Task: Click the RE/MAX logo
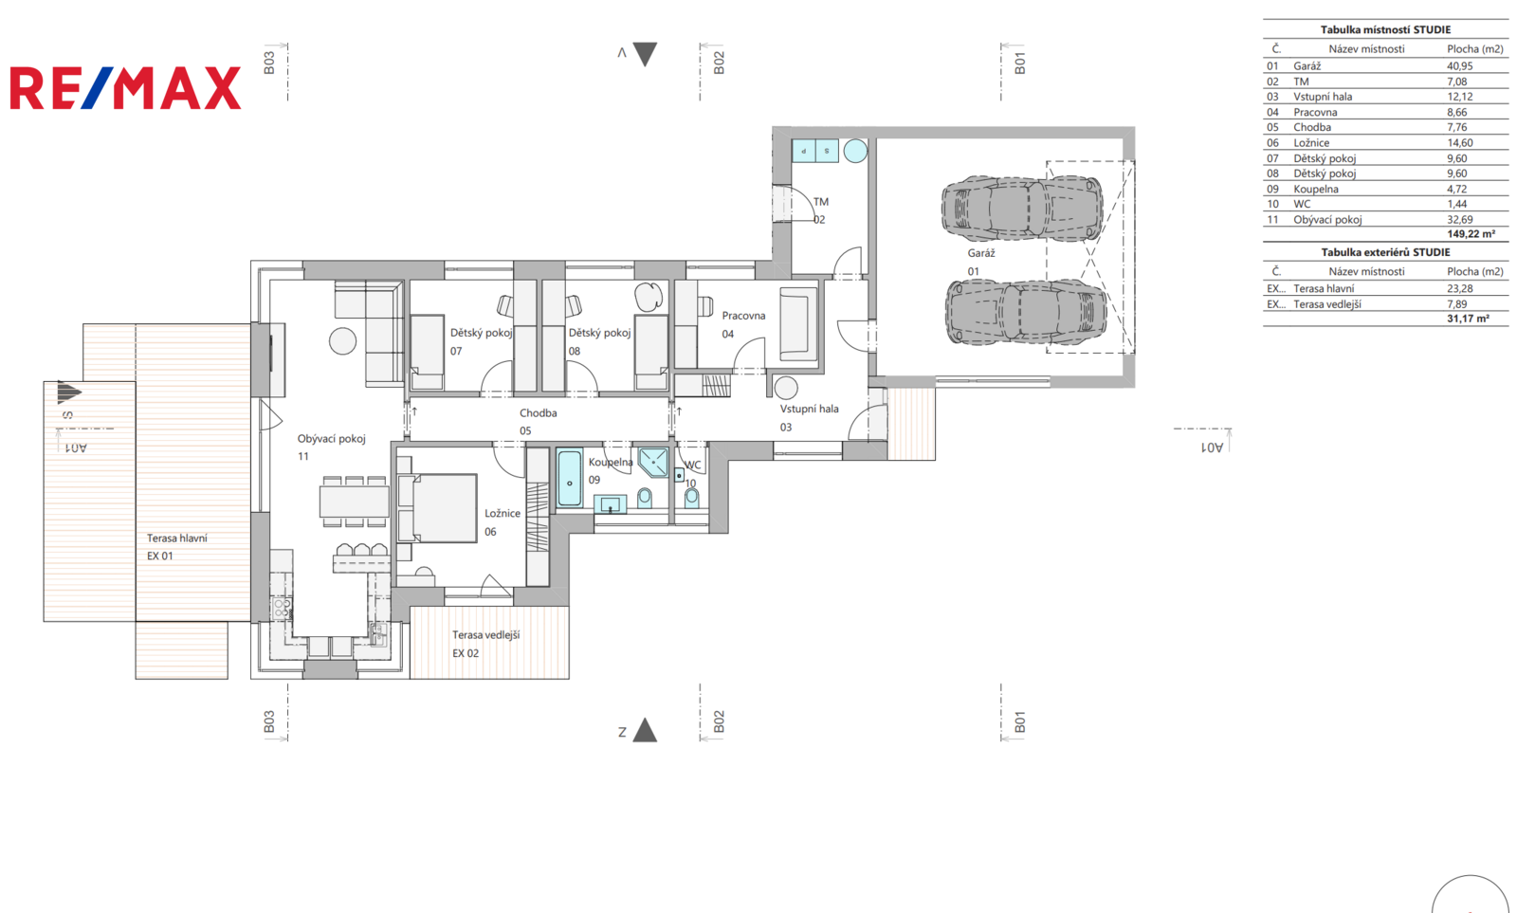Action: click(125, 88)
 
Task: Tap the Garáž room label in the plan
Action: click(980, 253)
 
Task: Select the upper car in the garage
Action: click(1022, 208)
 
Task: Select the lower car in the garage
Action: click(1025, 312)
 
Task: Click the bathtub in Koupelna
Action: click(569, 478)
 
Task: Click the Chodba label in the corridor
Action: click(539, 412)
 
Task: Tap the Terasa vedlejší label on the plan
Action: click(485, 634)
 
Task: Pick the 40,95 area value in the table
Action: click(1459, 65)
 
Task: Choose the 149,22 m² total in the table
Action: click(1471, 233)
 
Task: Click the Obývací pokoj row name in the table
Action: click(1327, 219)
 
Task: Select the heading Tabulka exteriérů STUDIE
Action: click(1385, 252)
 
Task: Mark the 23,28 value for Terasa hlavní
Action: click(1459, 288)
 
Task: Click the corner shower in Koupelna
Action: click(653, 463)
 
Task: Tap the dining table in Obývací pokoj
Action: click(355, 502)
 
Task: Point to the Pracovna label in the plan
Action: click(743, 316)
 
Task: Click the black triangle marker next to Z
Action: click(645, 730)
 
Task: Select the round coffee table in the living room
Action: click(342, 340)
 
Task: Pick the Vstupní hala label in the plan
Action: click(809, 409)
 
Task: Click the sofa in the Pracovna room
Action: click(798, 323)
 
